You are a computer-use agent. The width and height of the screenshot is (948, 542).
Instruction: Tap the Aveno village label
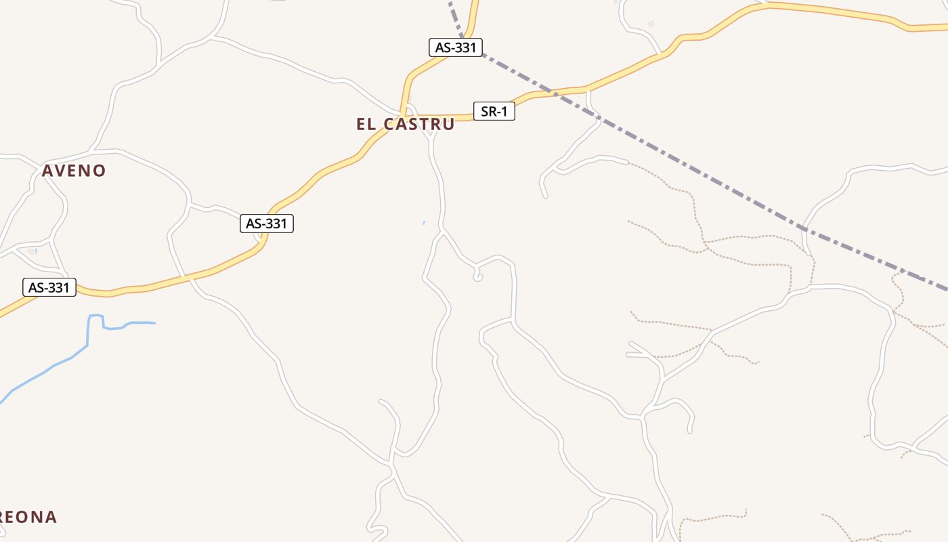point(74,171)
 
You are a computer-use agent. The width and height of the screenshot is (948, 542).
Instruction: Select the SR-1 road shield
point(494,111)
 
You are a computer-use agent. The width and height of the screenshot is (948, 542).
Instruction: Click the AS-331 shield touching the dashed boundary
point(456,47)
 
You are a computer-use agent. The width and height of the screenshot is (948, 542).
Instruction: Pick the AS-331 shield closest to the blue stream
point(49,287)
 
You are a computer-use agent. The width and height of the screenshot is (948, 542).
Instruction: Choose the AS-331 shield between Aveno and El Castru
point(267,224)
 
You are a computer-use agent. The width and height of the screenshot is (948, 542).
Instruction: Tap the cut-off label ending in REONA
point(28,517)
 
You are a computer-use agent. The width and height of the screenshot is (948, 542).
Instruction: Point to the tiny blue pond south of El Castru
point(424,222)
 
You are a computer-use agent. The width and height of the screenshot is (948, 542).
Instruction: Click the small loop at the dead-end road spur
point(477,276)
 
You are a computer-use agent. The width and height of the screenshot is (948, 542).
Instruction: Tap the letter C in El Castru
point(389,124)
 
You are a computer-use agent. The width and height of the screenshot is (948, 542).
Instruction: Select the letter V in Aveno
point(60,171)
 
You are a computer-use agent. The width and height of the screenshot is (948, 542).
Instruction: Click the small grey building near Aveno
point(30,251)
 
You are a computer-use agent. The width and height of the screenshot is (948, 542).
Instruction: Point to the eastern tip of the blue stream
point(154,323)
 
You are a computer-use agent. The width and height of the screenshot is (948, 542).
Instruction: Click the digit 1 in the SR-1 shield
point(504,111)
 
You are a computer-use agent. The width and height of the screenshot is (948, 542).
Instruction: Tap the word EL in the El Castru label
point(366,124)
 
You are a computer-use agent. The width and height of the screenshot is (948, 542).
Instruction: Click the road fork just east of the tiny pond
point(442,231)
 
